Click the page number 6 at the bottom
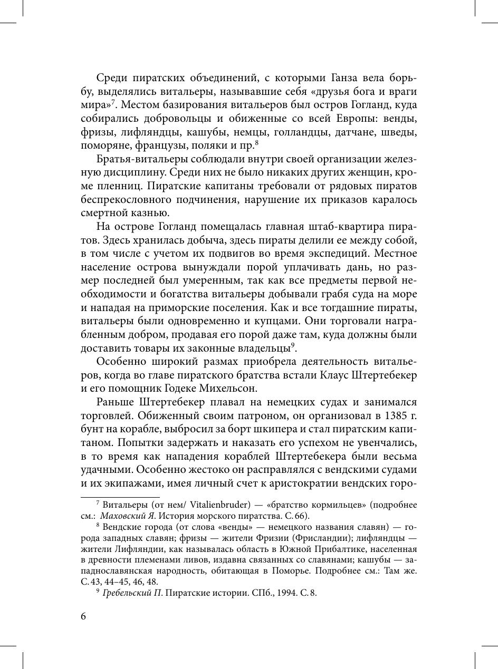pos(83,617)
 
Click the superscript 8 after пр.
pos(256,142)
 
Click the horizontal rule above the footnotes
pos(120,497)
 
